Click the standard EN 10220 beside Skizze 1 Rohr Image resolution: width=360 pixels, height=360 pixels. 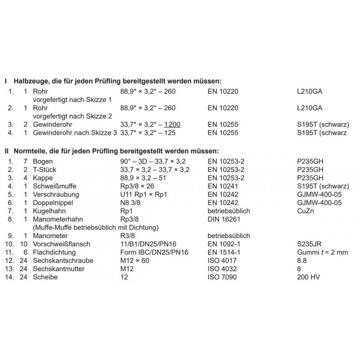(x=223, y=91)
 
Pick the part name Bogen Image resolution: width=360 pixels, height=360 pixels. (x=43, y=161)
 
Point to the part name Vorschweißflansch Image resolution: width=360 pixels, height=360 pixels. (x=62, y=244)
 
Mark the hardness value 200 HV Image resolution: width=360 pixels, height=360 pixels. (x=310, y=277)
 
